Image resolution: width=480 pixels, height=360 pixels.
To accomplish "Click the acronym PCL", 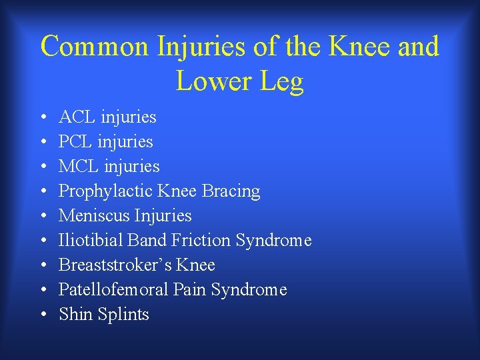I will click(x=77, y=142).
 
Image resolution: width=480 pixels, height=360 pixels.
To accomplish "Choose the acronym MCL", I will click(x=79, y=167).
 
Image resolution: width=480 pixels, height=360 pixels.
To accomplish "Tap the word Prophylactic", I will click(x=106, y=192).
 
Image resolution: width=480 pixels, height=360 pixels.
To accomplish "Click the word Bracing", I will click(x=231, y=192).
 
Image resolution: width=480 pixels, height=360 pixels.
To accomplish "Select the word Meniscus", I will click(x=95, y=216).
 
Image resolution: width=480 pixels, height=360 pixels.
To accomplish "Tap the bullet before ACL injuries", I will click(x=43, y=118).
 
